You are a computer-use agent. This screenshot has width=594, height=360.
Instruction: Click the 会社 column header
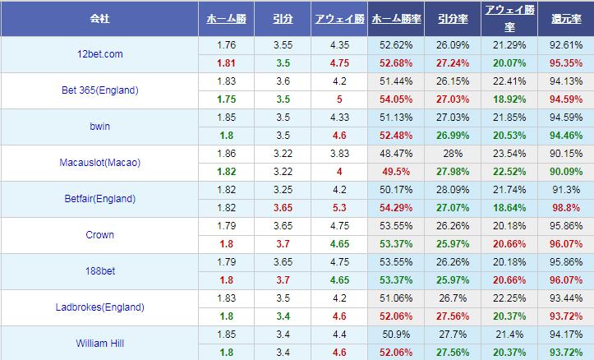click(99, 17)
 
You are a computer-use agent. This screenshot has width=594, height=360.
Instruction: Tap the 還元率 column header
click(566, 17)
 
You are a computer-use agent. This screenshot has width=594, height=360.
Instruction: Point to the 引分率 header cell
click(454, 17)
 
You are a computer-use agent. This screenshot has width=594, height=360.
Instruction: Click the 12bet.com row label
click(99, 53)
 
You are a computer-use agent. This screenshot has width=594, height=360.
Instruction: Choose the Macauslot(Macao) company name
click(99, 163)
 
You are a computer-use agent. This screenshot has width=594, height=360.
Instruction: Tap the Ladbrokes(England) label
click(99, 307)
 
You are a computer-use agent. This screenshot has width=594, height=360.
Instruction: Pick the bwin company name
click(99, 127)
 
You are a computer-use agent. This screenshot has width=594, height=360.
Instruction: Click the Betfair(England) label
click(99, 199)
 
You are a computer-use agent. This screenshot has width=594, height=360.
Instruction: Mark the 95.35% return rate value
click(566, 62)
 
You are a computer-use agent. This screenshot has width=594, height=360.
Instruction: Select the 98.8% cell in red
click(566, 207)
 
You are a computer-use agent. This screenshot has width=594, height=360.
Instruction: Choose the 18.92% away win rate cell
click(509, 99)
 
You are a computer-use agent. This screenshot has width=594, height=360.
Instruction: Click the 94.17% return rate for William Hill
click(566, 334)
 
